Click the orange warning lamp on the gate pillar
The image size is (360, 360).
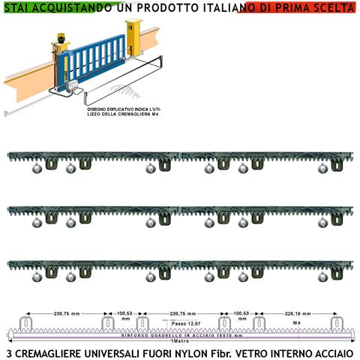tap(58, 35)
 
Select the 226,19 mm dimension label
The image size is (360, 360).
tap(295, 315)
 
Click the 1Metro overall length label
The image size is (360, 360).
tap(179, 342)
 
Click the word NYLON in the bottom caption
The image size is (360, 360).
tap(181, 352)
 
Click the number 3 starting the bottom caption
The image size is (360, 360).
tap(7, 352)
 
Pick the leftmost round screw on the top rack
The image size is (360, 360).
tap(36, 169)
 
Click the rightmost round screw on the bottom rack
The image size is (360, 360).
tap(322, 277)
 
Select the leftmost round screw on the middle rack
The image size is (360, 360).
tap(36, 223)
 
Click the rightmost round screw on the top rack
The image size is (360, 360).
tap(322, 169)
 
